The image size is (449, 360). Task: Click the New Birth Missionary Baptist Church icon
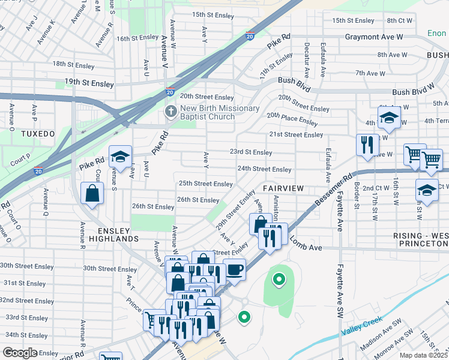point(170,112)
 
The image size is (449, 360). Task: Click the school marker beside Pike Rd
point(120,157)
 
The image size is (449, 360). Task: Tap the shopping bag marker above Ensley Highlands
point(92,193)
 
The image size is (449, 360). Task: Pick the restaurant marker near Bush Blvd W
point(367,144)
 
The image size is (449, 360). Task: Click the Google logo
point(20,353)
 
